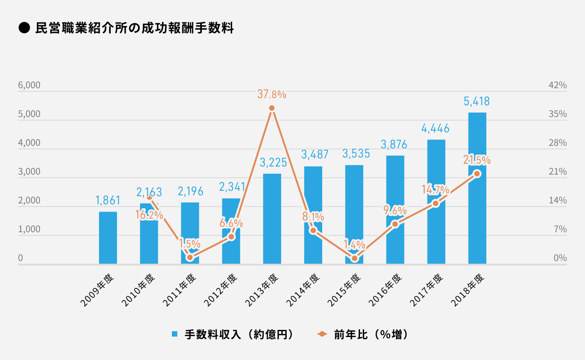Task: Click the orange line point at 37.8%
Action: tap(272, 108)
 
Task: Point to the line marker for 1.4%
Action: tap(355, 258)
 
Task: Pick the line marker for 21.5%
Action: tap(477, 174)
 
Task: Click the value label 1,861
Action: tap(108, 200)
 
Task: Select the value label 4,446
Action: tap(436, 129)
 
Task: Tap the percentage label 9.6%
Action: tap(395, 211)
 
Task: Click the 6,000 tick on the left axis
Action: tap(29, 85)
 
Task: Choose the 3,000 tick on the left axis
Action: tap(29, 172)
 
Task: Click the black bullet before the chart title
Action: tap(23, 29)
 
